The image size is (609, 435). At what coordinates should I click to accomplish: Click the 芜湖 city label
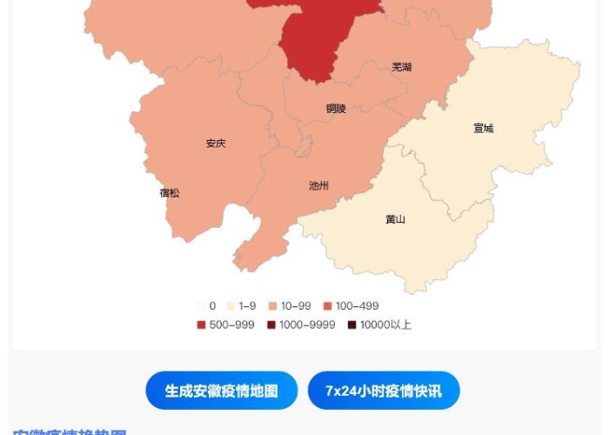[x=401, y=67]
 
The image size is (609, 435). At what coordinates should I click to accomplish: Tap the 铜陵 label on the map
[x=336, y=109]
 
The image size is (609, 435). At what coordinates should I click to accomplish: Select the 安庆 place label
[x=216, y=144]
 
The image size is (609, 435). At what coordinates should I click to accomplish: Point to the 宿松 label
[x=170, y=193]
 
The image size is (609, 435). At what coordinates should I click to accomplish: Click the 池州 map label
[x=318, y=186]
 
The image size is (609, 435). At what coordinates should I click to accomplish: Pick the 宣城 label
[x=483, y=129]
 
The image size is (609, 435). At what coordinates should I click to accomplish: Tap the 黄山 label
[x=395, y=219]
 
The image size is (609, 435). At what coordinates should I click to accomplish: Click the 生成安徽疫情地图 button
[x=221, y=391]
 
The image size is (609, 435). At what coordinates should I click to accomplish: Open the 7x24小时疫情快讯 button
[x=384, y=391]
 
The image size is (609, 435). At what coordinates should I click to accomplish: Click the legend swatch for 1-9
[x=231, y=306]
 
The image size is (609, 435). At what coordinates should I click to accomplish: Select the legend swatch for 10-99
[x=272, y=306]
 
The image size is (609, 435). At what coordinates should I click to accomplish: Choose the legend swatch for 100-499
[x=327, y=306]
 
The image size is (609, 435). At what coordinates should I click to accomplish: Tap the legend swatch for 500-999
[x=201, y=325]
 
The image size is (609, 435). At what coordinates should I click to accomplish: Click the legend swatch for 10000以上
[x=351, y=325]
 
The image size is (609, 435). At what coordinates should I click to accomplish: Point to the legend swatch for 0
[x=201, y=306]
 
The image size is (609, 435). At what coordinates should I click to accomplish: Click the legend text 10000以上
[x=385, y=325]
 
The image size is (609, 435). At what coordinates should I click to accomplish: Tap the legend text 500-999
[x=231, y=325]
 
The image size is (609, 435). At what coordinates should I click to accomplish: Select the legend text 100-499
[x=357, y=306]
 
